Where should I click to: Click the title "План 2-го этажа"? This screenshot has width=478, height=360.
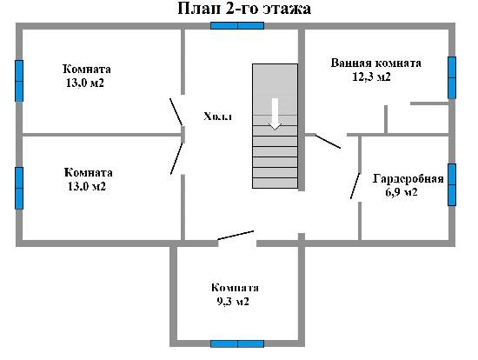tap(244, 8)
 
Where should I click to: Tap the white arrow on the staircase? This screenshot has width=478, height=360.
tap(275, 114)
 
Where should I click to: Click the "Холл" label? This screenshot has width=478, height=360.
tap(217, 117)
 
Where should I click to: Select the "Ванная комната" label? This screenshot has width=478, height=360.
tap(375, 63)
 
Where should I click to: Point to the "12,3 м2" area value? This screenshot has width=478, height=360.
tap(371, 77)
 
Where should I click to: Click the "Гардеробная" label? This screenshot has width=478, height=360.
tap(408, 178)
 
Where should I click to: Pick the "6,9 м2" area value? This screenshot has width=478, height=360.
tap(402, 192)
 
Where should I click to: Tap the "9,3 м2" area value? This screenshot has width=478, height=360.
tap(233, 302)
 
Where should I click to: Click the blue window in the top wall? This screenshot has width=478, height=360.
tap(237, 25)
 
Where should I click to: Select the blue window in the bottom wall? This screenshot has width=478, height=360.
tap(237, 344)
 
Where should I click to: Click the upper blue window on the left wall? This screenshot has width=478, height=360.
tap(19, 81)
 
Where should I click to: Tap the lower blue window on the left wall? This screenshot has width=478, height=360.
tap(19, 188)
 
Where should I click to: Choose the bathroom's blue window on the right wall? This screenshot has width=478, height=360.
tap(452, 77)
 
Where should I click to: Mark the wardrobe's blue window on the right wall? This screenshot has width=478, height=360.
tap(452, 184)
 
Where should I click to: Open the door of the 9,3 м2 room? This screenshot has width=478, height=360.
tap(236, 236)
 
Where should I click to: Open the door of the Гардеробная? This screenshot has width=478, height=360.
tap(355, 186)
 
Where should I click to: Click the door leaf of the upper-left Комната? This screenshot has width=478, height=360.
tap(176, 112)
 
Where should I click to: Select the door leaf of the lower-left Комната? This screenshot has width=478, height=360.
tap(176, 158)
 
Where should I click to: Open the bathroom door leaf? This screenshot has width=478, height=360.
tap(328, 141)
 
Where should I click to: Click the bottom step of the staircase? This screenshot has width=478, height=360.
tap(275, 183)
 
